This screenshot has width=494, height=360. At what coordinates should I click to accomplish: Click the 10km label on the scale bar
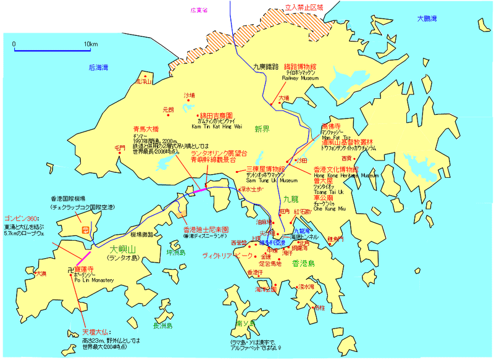pyautogui.click(x=91, y=44)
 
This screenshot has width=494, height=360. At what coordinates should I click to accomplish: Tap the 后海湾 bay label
pyautogui.click(x=98, y=67)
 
